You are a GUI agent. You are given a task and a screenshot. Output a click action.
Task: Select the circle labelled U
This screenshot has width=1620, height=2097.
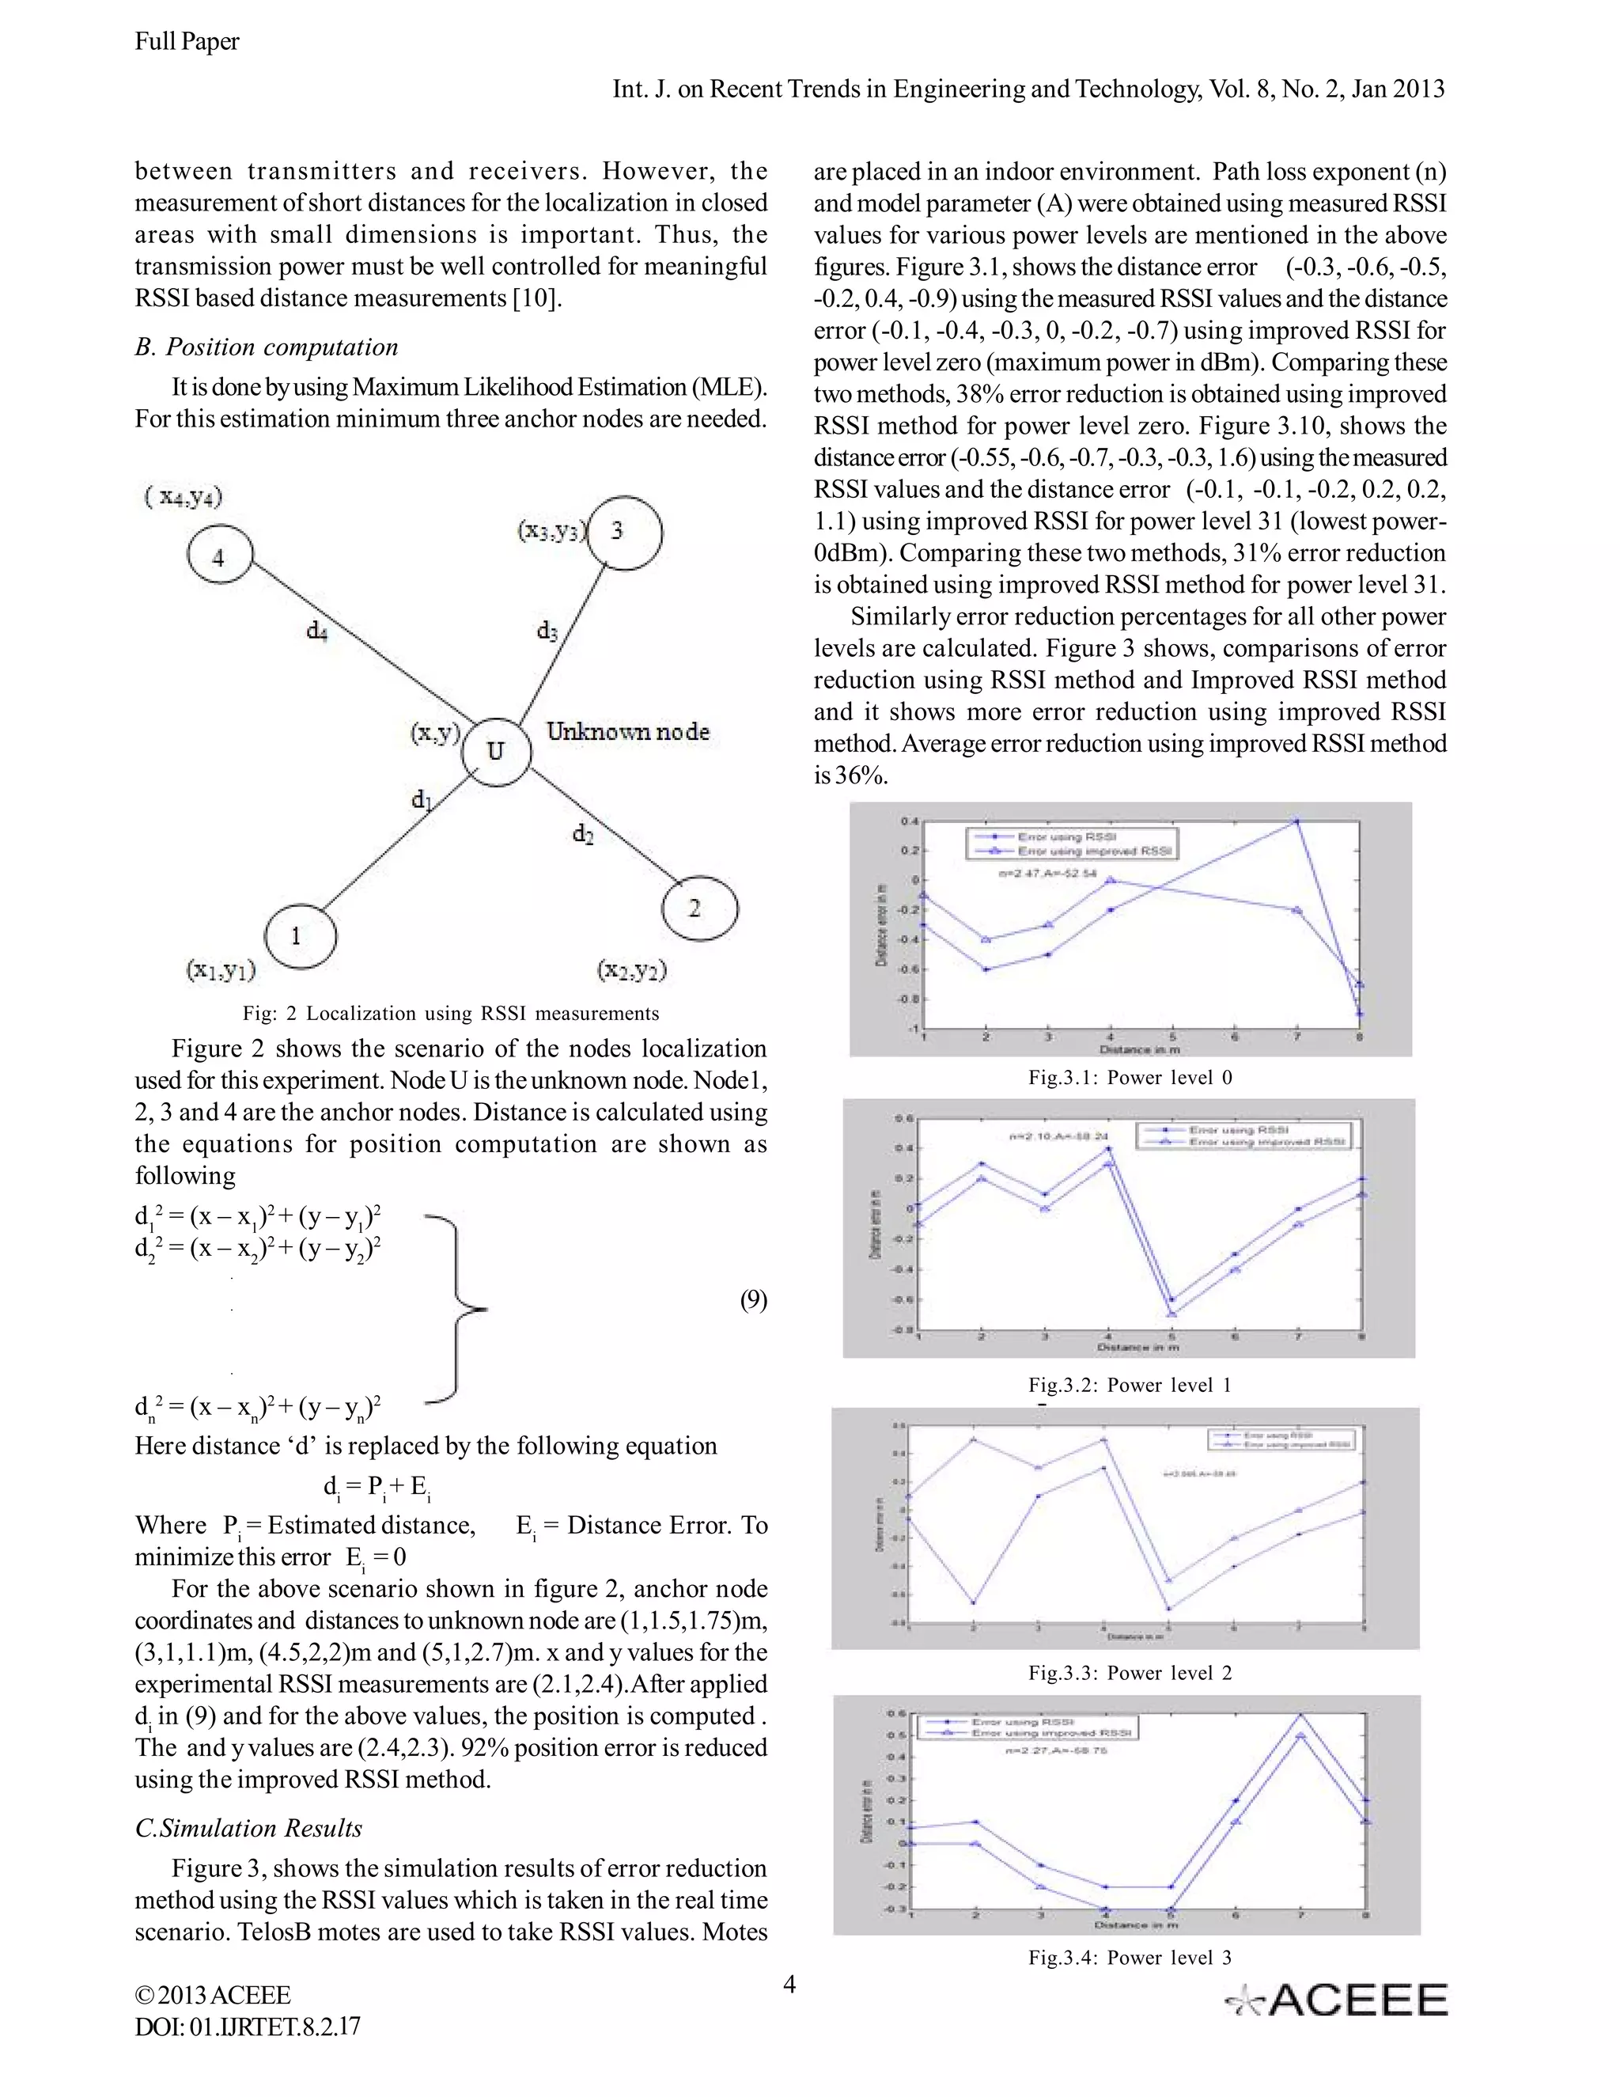[495, 751]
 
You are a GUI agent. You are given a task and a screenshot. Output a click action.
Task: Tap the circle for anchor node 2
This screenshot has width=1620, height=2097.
[699, 908]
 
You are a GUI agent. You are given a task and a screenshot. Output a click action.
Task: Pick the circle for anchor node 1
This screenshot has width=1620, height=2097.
[300, 936]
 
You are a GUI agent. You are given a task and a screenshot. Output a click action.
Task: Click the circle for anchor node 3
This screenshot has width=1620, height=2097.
[625, 532]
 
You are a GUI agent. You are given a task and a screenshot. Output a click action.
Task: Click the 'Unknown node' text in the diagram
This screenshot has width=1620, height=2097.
[627, 732]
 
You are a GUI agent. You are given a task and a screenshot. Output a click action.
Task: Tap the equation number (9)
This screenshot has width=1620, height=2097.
[752, 1300]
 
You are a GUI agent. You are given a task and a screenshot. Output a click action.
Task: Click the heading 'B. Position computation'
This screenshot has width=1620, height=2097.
[266, 347]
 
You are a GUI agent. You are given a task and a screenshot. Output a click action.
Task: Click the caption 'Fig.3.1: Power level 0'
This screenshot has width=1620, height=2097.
[1130, 1077]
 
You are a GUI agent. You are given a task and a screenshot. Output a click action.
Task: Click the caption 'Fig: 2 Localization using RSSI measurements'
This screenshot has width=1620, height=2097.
[450, 1013]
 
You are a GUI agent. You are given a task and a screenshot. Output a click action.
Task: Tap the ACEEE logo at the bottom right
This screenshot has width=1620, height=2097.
[1336, 1999]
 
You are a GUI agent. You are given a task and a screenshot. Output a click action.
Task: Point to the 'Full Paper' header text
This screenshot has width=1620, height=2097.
[187, 41]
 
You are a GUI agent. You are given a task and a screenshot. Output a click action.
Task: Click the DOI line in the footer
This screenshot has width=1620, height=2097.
[248, 2027]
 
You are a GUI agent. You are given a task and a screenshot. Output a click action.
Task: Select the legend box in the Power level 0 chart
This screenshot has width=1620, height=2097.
[1071, 844]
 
